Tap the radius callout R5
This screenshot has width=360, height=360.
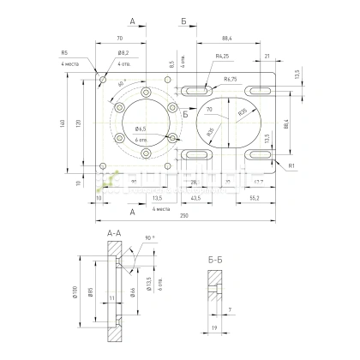pyautogui.click(x=64, y=51)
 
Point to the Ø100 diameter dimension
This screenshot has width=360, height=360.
pyautogui.click(x=75, y=295)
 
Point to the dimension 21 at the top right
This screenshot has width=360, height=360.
pyautogui.click(x=268, y=56)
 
